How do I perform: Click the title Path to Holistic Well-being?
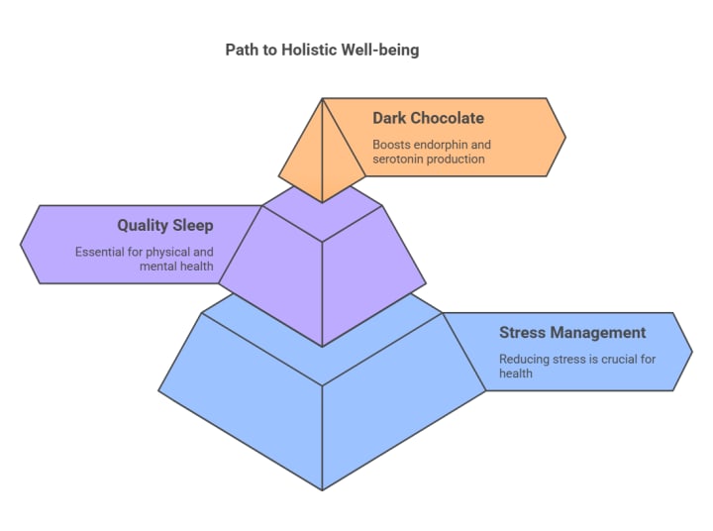[x=322, y=50]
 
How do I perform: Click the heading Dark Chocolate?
[x=428, y=118]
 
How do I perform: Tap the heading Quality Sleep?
[x=164, y=226]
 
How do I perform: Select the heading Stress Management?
[x=571, y=333]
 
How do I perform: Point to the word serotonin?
[x=399, y=159]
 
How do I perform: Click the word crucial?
[x=616, y=360]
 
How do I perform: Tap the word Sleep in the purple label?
[x=193, y=226]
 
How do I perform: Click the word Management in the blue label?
[x=597, y=333]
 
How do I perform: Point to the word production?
[x=456, y=159]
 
